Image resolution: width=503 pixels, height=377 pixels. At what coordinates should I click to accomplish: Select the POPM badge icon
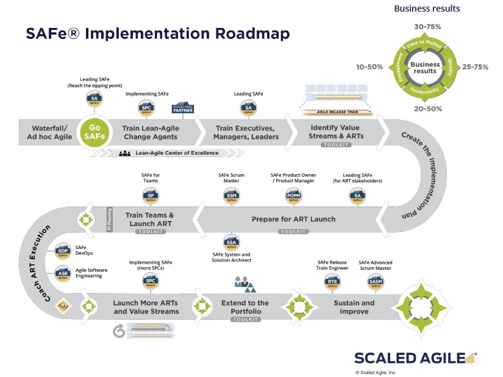(293, 196)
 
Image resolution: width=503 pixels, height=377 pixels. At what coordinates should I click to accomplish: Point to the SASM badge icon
(376, 281)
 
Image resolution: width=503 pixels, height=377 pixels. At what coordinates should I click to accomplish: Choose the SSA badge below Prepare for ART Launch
(230, 241)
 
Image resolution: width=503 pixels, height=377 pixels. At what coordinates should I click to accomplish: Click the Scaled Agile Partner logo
(182, 108)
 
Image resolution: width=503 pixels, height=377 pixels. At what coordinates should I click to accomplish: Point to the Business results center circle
(425, 68)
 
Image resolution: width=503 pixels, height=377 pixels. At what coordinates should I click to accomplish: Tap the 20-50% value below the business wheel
(426, 108)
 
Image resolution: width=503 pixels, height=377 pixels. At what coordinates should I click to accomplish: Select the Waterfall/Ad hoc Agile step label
(45, 132)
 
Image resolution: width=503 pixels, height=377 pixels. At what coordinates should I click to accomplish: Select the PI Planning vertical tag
(110, 219)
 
